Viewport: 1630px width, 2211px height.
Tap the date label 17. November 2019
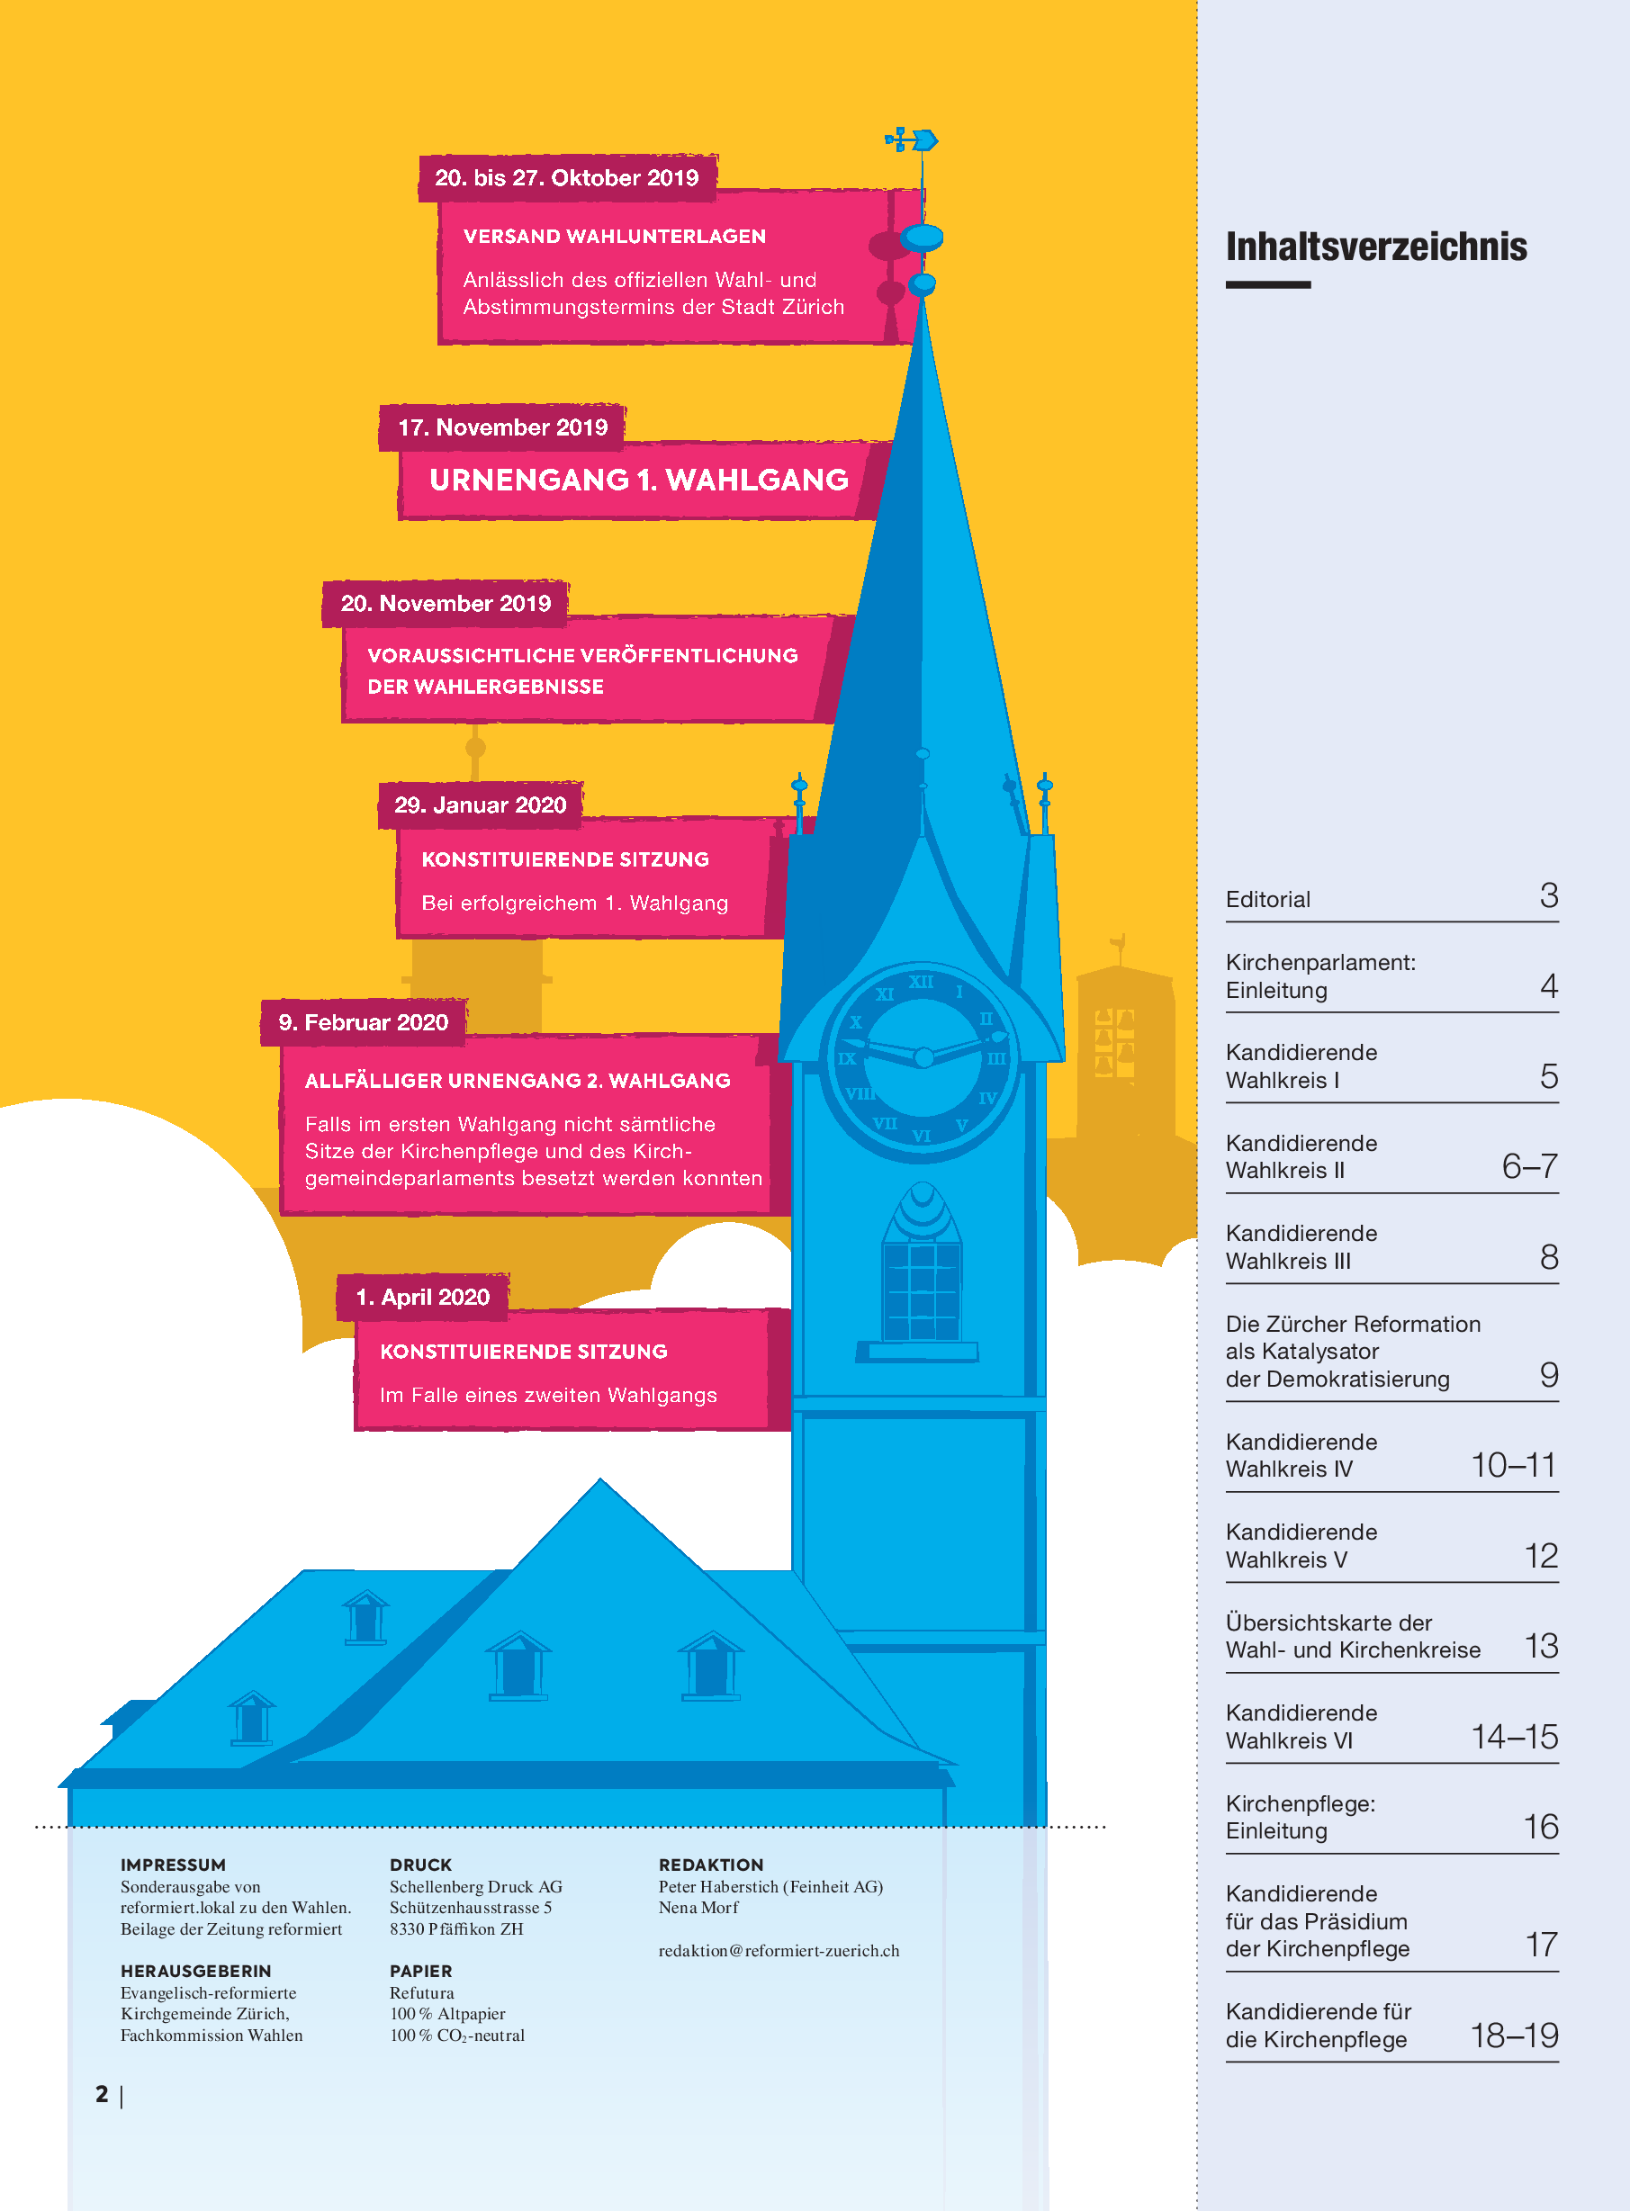click(x=502, y=428)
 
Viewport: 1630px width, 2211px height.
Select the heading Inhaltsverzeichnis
click(x=1375, y=247)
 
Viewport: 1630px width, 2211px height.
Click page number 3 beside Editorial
click(x=1548, y=896)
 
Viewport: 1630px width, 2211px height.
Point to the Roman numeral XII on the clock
click(x=921, y=983)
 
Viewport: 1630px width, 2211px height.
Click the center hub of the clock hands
click(x=923, y=1057)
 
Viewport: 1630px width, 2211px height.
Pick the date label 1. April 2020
click(x=422, y=1298)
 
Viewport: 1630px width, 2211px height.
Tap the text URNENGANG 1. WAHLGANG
click(x=638, y=481)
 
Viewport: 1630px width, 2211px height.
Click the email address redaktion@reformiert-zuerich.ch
click(x=779, y=1951)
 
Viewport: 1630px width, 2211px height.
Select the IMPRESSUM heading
click(x=173, y=1865)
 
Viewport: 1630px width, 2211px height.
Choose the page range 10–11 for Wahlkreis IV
click(x=1513, y=1466)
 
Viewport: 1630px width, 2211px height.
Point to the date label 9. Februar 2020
click(x=363, y=1023)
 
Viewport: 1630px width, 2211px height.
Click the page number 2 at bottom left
click(x=103, y=2094)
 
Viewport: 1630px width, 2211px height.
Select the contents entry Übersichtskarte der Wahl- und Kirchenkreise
click(x=1353, y=1637)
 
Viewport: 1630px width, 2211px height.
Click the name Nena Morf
click(x=698, y=1908)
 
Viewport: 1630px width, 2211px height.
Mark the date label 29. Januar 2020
click(x=481, y=806)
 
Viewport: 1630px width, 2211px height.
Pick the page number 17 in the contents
click(x=1541, y=1946)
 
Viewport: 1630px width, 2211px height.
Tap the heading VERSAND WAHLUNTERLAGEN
click(x=614, y=237)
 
